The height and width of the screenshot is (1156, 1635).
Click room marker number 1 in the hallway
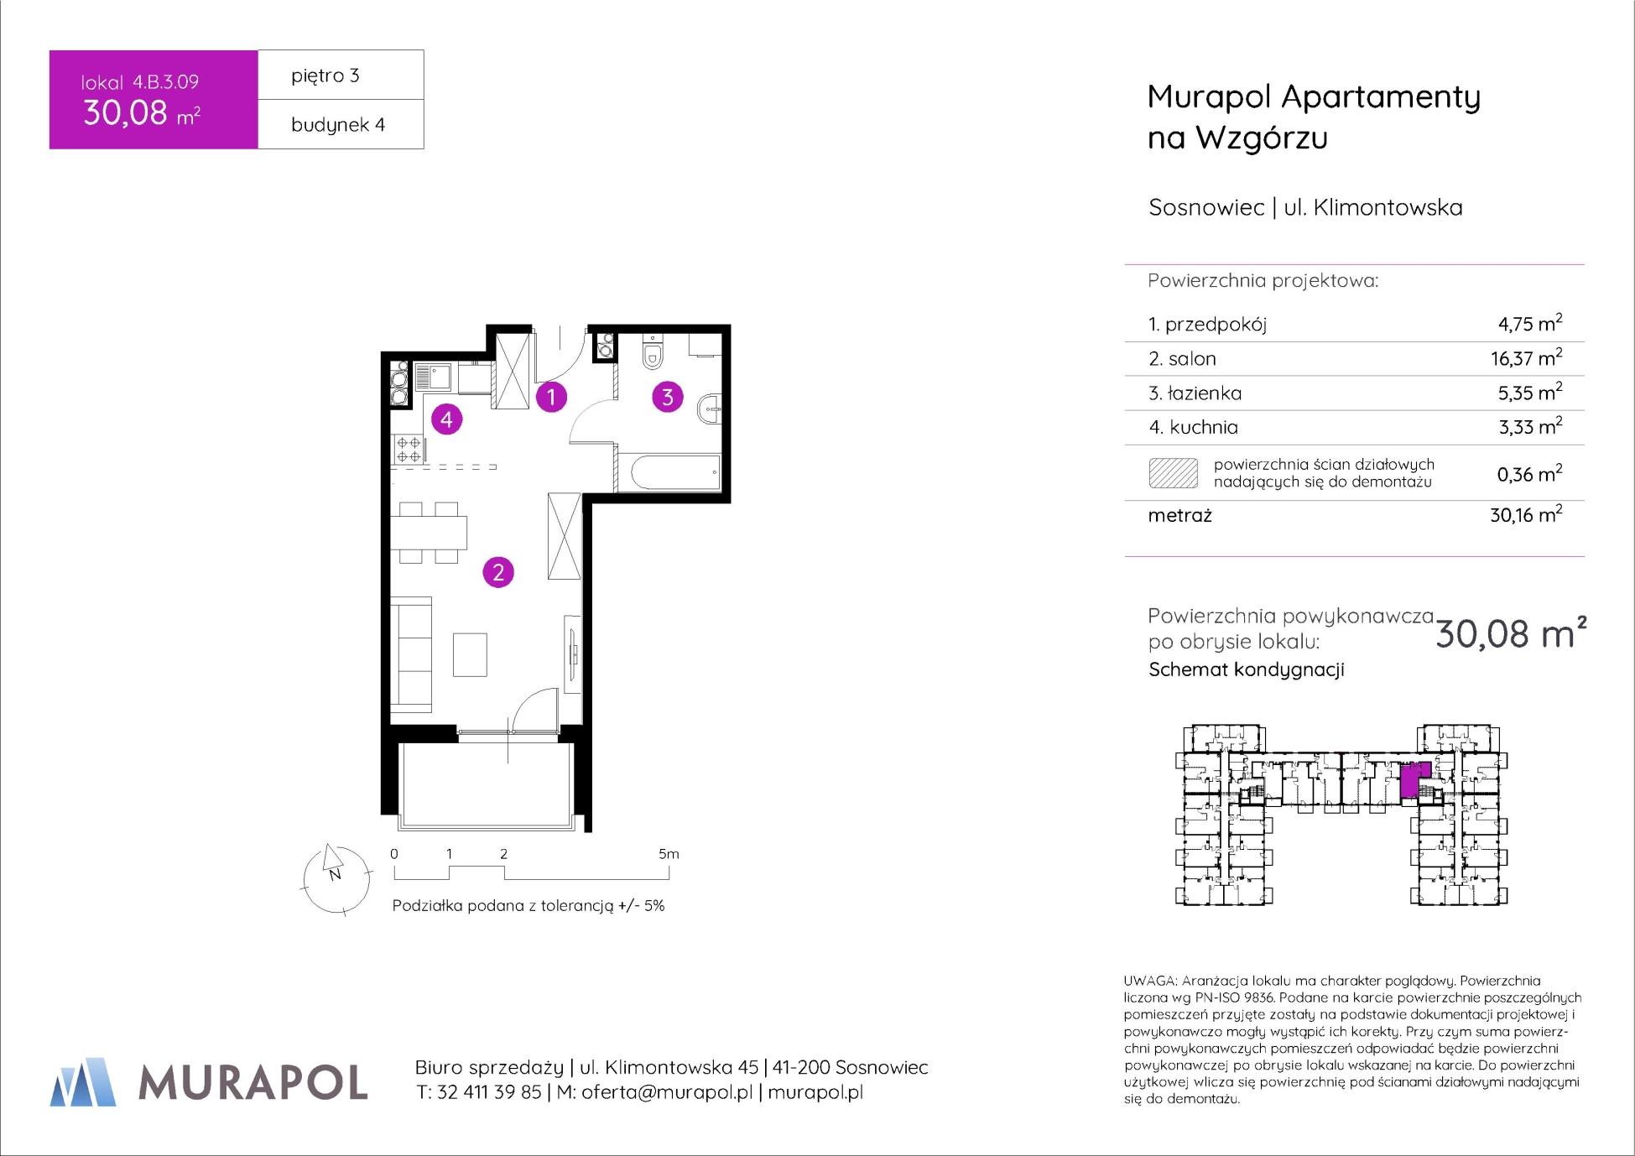click(551, 396)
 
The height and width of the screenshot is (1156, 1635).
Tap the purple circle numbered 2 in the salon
click(498, 573)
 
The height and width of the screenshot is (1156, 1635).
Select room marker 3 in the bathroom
click(668, 396)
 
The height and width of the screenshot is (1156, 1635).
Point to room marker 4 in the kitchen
click(446, 419)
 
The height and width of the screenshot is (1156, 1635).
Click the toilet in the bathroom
click(652, 352)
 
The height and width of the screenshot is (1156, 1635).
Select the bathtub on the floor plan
click(669, 473)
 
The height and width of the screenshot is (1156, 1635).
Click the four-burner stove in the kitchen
click(409, 449)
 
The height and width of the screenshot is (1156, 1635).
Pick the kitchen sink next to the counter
click(434, 377)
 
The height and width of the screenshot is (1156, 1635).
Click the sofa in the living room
click(411, 654)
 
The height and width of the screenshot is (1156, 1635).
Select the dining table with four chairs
click(429, 533)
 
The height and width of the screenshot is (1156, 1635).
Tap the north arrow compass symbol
click(336, 877)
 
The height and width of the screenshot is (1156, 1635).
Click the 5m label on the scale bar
click(669, 854)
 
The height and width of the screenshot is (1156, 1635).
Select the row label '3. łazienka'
click(1195, 393)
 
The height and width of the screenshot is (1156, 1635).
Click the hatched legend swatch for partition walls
click(1173, 473)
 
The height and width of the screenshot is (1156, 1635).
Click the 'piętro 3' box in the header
click(341, 76)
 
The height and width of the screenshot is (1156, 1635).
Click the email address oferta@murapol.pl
click(667, 1092)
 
